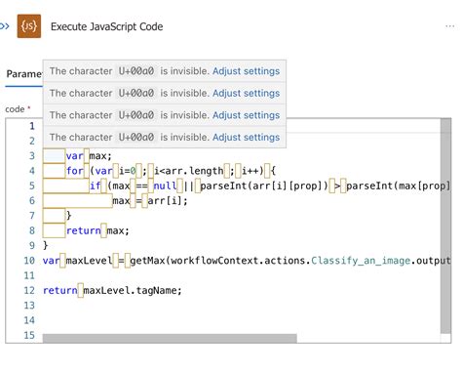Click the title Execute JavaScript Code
point(106,27)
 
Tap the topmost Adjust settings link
point(246,71)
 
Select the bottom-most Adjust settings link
point(246,139)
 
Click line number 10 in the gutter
point(29,261)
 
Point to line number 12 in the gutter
point(29,290)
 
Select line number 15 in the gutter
point(29,336)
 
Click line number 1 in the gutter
point(32,126)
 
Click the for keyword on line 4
point(75,171)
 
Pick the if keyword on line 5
point(96,186)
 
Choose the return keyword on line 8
point(86,230)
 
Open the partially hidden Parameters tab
point(22,73)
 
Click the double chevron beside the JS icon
point(5,27)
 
